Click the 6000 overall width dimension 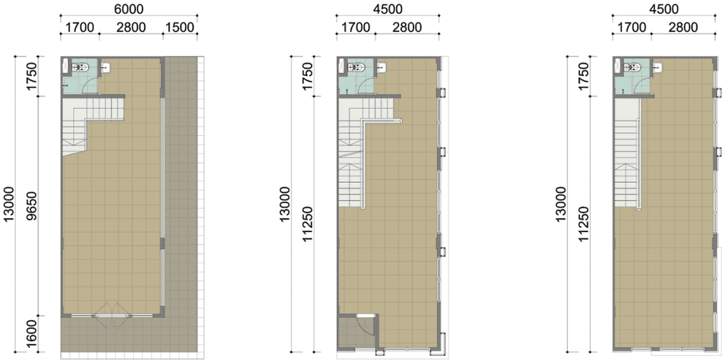[129, 8]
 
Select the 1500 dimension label [180, 27]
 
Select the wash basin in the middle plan [382, 67]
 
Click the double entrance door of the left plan [111, 315]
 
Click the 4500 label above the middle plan [388, 8]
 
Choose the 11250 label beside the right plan [585, 224]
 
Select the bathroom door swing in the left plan [92, 85]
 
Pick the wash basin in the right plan [657, 67]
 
